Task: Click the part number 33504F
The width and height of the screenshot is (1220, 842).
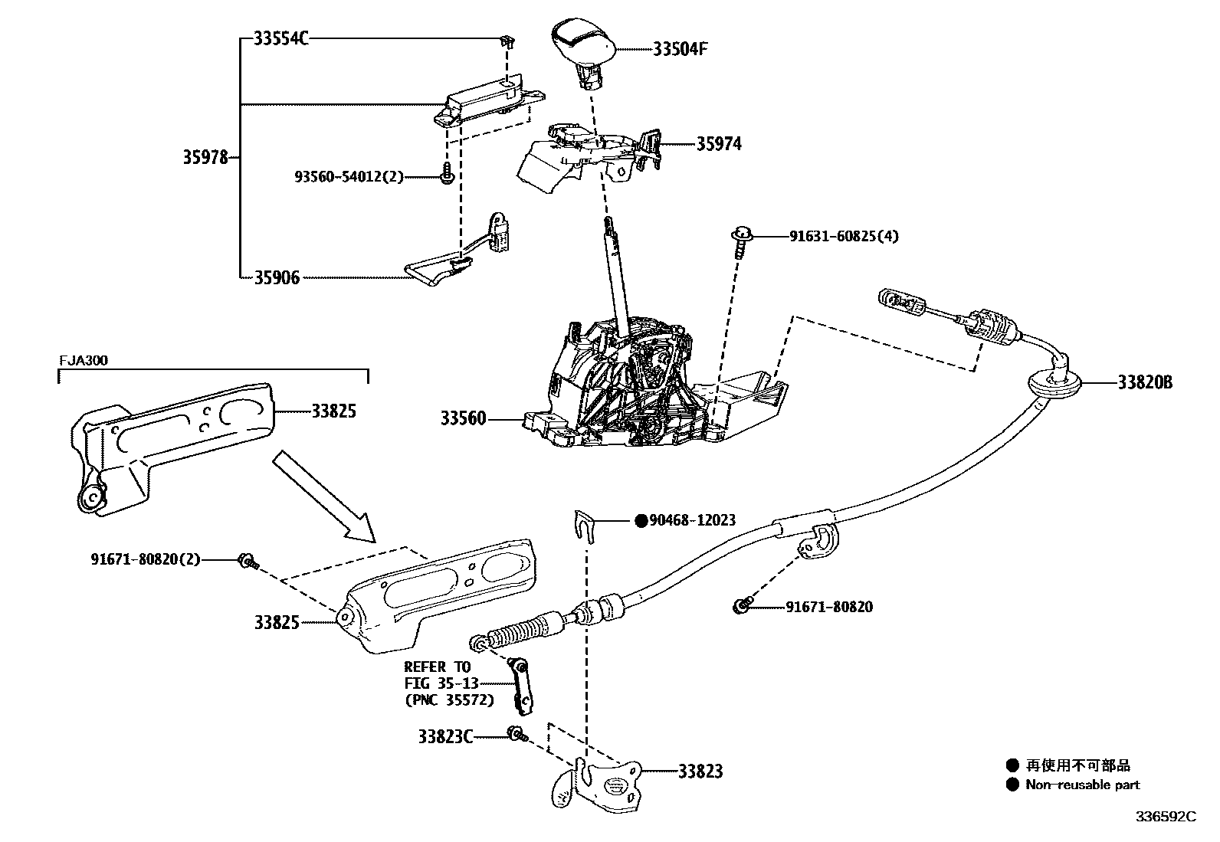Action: pos(680,49)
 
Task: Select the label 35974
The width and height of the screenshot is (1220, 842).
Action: pos(718,144)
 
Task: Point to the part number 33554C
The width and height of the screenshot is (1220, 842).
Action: pos(280,38)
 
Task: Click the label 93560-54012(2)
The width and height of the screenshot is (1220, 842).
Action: pos(349,177)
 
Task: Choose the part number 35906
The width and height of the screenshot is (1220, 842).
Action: pos(277,277)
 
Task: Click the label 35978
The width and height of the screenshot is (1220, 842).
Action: pos(205,158)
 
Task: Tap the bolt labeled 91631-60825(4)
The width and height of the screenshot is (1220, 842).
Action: pos(742,237)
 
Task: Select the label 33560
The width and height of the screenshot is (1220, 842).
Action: pos(463,419)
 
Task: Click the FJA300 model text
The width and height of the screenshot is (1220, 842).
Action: pos(82,360)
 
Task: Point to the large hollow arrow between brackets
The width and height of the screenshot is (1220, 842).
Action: pos(323,496)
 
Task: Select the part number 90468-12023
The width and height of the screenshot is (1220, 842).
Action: pos(694,520)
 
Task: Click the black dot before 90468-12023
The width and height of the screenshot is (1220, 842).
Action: pos(641,521)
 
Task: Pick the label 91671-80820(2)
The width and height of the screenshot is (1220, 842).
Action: pos(145,559)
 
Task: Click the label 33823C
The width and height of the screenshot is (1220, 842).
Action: pos(444,737)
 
